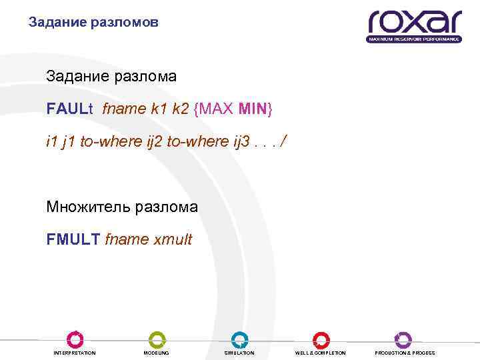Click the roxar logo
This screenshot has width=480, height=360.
pos(413,23)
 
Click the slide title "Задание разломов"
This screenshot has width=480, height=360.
pos(94,23)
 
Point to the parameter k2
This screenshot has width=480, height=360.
pos(180,109)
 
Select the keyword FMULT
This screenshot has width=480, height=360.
pos(74,239)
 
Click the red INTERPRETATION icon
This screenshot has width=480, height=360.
pos(75,339)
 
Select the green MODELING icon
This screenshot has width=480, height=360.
pos(157,339)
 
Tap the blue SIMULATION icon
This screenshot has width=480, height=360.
pos(239,339)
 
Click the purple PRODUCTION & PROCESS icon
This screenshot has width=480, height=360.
pos(403,339)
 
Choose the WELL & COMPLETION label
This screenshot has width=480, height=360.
pos(321,353)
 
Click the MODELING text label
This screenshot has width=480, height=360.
pos(157,353)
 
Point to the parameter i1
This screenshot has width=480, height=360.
pos(51,141)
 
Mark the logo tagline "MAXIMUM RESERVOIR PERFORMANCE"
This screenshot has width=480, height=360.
pos(414,39)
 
